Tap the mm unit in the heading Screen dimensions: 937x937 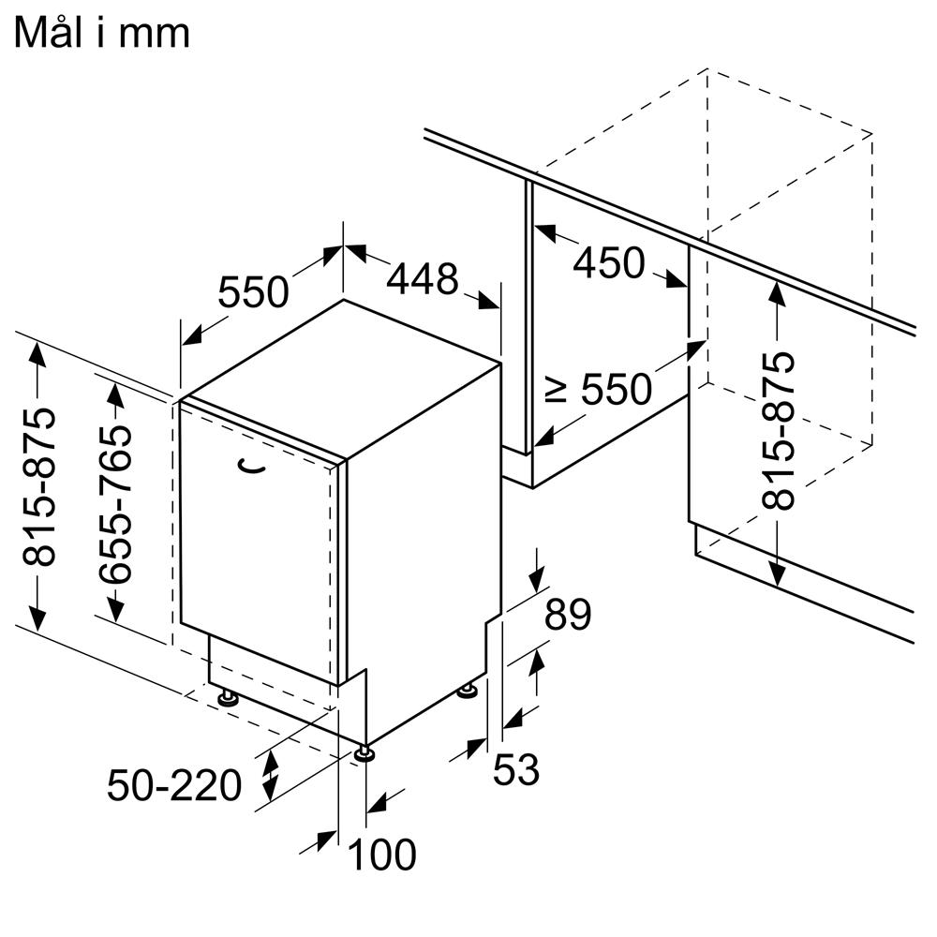pos(154,36)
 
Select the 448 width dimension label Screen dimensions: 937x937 pos(422,279)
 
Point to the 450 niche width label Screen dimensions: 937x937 pos(609,263)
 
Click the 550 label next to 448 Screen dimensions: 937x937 pos(253,291)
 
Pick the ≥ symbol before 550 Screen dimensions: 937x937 pos(556,389)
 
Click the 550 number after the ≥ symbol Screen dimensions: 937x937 pos(617,389)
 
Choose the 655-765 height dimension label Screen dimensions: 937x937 pos(115,504)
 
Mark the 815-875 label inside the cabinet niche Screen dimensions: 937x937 pos(778,431)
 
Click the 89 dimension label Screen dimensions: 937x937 pos(568,614)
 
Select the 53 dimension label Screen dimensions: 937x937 pos(516,769)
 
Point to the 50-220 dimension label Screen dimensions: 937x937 pos(174,785)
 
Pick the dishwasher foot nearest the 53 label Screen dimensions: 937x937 pos(468,691)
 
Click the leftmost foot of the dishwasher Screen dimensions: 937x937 pos(228,697)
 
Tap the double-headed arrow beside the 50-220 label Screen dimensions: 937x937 pos(271,776)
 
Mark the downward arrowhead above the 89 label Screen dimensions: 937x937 pos(537,578)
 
